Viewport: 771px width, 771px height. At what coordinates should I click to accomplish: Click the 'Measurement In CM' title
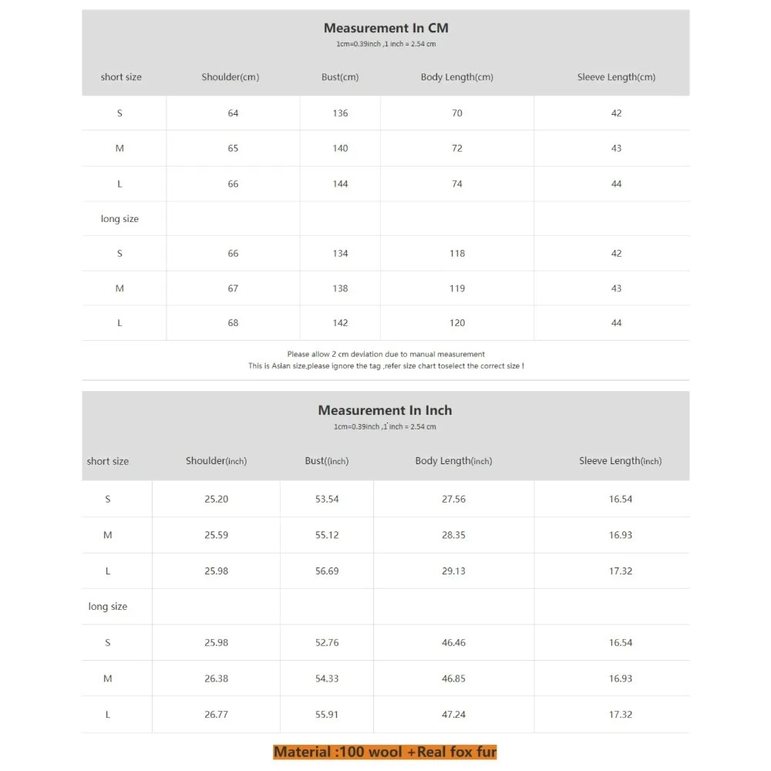385,29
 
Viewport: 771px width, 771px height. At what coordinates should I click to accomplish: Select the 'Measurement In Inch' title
385,411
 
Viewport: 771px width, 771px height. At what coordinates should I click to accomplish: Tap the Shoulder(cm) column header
231,77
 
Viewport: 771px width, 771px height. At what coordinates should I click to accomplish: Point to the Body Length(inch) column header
453,461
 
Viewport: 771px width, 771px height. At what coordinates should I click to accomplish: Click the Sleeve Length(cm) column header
616,77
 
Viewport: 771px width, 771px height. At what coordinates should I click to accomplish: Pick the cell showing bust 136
340,113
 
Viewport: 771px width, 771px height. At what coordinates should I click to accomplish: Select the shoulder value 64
233,113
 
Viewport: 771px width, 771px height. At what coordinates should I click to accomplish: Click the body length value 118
457,254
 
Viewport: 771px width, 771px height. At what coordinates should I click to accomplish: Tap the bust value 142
340,323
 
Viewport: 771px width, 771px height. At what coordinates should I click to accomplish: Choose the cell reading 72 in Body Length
457,148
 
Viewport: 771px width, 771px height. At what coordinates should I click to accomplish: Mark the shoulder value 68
233,323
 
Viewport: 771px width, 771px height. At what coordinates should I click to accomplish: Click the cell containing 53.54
327,500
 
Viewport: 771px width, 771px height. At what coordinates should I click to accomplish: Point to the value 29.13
453,571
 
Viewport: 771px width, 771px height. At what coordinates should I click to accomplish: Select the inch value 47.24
453,715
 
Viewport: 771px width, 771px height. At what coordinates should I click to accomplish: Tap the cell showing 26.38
216,678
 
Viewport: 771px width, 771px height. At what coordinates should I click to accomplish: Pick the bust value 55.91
327,715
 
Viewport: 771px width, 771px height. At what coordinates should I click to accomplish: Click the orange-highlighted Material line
385,752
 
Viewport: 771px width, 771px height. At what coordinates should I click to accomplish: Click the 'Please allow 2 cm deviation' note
385,354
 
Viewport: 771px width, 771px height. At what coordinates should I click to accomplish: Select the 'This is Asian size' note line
385,366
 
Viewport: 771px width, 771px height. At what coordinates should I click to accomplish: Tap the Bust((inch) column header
326,461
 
